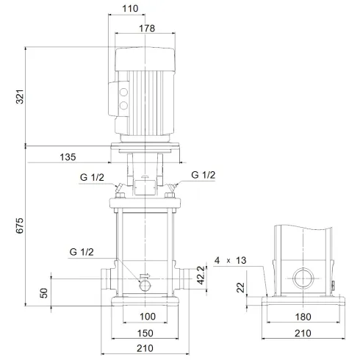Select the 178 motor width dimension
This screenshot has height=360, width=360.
148,28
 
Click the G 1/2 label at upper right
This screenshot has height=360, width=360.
204,175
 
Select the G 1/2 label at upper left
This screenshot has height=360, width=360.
92,177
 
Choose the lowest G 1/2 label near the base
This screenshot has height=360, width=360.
82,252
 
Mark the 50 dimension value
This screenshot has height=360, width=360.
43,292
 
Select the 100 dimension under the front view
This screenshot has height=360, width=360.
147,317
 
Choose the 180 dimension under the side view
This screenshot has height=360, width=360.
301,317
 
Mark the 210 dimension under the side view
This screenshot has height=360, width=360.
301,333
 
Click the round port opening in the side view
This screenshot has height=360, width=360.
301,279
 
